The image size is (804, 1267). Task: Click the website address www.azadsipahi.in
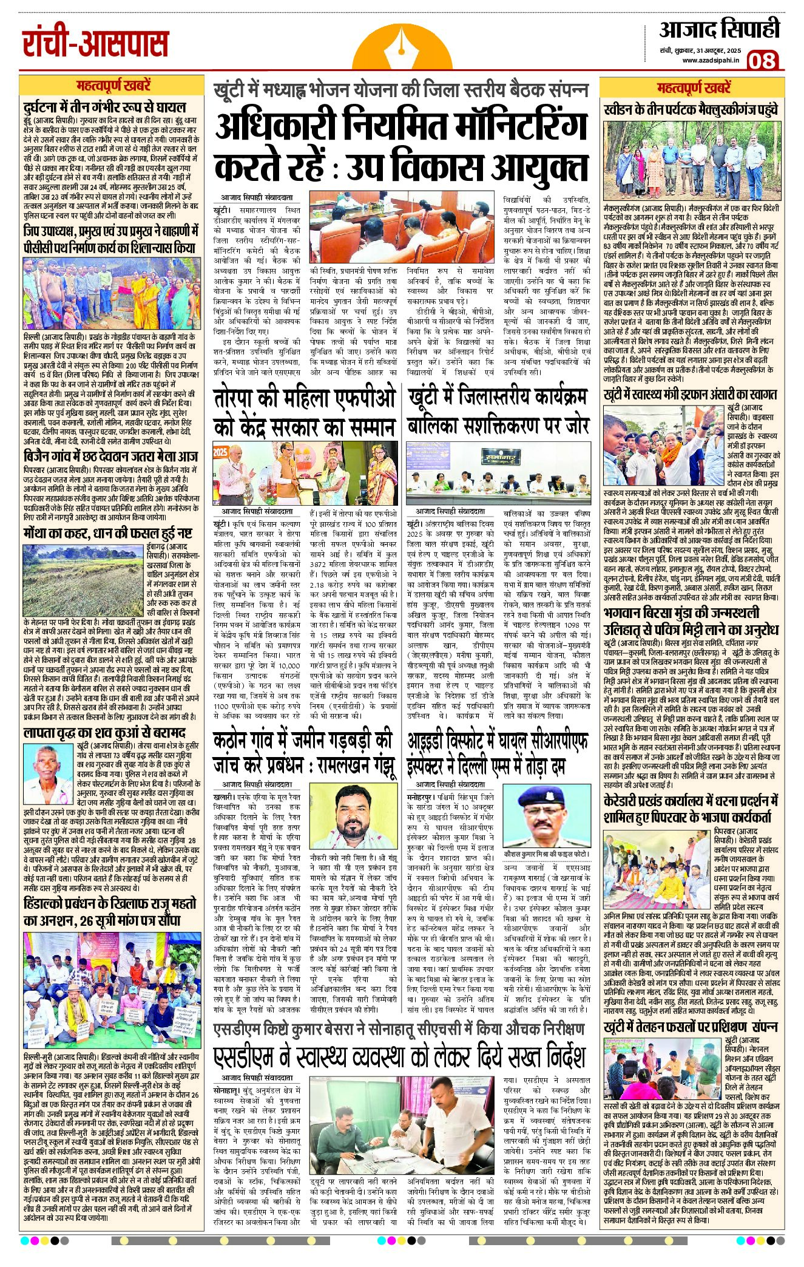[x=709, y=60]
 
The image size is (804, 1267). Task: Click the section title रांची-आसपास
[x=95, y=43]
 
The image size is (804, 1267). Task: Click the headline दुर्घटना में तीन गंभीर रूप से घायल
[x=104, y=107]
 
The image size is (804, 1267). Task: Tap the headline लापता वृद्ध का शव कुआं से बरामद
[x=104, y=733]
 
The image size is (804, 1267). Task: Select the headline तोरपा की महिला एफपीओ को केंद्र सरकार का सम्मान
[x=305, y=413]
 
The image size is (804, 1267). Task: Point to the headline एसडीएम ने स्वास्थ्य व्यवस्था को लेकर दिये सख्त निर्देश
[x=400, y=1057]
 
